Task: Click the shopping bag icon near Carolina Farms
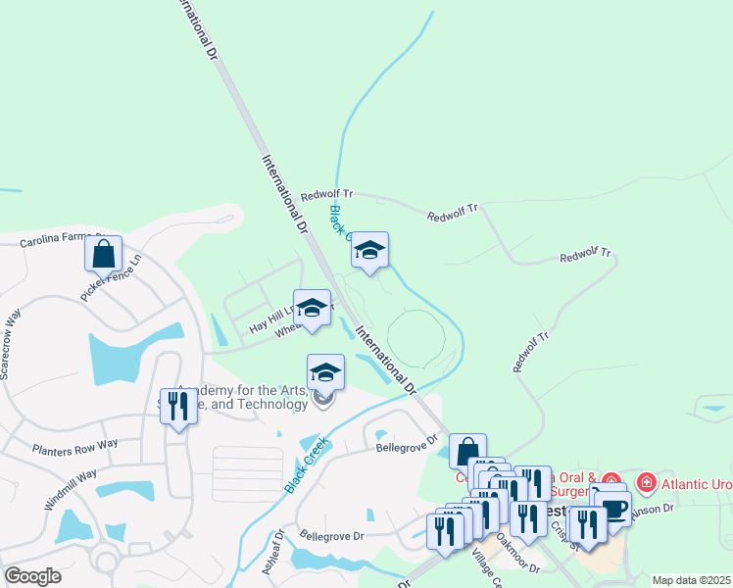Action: (x=103, y=255)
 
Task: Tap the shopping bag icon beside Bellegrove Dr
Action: (x=467, y=451)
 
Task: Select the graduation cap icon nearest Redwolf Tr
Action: (x=369, y=251)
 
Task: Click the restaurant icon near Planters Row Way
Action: (x=177, y=406)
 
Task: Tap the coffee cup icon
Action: (x=612, y=509)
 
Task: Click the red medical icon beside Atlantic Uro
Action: (x=645, y=482)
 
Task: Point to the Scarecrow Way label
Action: (x=12, y=344)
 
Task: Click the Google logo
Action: (x=32, y=576)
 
